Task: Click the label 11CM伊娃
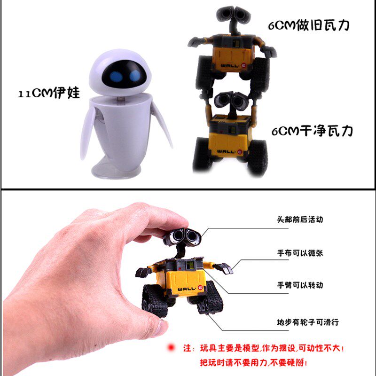49,93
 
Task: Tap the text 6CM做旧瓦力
309,25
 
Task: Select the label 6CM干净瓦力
312,131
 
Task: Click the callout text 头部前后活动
300,219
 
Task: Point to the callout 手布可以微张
300,253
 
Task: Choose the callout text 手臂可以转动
300,285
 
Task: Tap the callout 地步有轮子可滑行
308,322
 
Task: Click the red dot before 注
171,347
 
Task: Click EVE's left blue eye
116,77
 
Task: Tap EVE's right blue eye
135,75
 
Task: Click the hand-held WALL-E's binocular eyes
183,236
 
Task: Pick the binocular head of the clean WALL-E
231,100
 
